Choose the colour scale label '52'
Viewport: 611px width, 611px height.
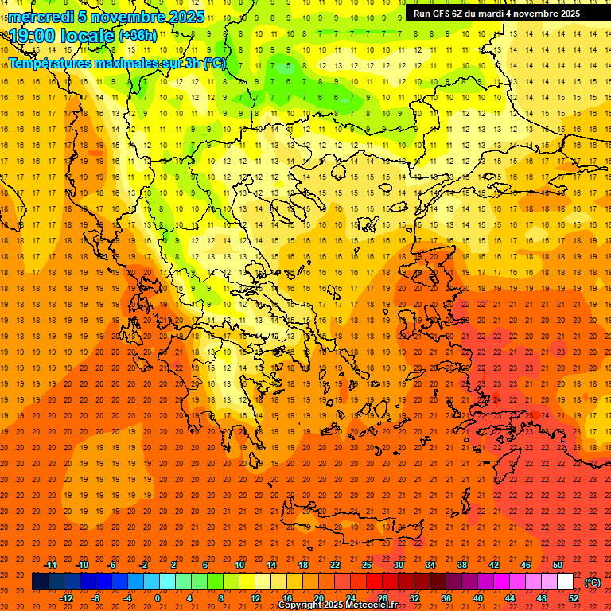[x=574, y=597]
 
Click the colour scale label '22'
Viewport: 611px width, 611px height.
[x=335, y=565]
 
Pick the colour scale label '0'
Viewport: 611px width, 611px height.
[x=158, y=597]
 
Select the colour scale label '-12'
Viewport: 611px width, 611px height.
[x=66, y=597]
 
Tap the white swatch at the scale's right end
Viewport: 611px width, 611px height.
[x=566, y=582]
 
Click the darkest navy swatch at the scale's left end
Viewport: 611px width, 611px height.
[x=40, y=582]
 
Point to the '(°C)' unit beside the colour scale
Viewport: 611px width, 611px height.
[x=593, y=582]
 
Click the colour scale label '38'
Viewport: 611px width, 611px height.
[x=461, y=565]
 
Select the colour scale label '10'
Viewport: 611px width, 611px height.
[x=239, y=565]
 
